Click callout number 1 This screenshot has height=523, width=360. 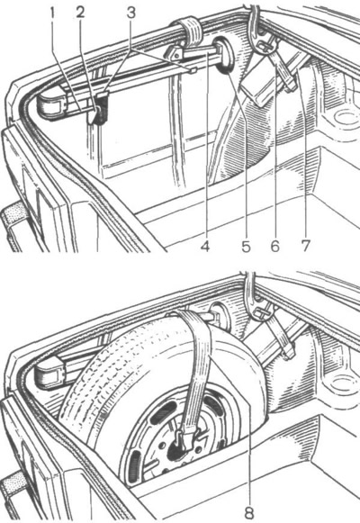[x=52, y=13]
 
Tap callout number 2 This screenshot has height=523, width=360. [x=80, y=13]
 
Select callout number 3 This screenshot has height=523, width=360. [x=131, y=13]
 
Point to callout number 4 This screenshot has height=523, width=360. [x=205, y=247]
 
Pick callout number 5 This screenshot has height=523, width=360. [x=246, y=247]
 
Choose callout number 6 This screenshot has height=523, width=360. [x=274, y=247]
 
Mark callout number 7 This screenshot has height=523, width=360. [x=305, y=247]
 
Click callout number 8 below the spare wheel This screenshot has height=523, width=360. [x=249, y=510]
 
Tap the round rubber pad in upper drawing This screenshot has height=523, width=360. [x=224, y=55]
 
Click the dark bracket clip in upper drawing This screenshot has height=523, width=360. [x=99, y=107]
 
